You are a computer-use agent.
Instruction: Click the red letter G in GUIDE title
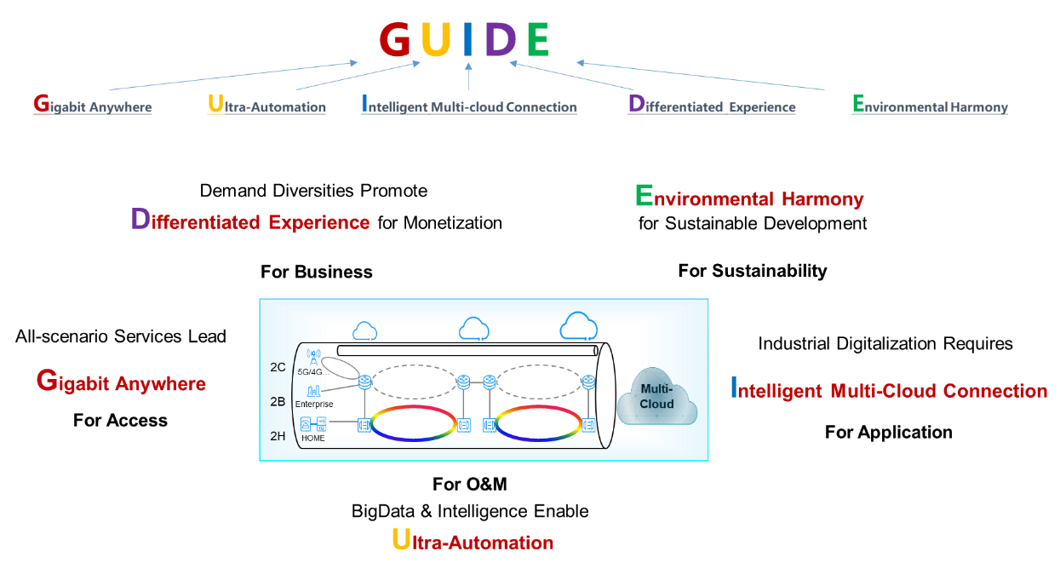395,39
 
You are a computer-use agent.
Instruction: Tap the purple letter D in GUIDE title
500,39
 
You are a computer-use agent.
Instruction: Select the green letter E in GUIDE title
538,39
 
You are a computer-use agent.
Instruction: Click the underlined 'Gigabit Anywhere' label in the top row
93,104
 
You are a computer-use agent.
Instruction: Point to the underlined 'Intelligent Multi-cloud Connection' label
469,104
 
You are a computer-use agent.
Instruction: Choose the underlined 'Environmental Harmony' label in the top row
930,104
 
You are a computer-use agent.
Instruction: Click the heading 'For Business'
317,272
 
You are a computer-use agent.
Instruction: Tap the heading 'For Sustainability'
753,271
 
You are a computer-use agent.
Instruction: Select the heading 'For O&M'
469,484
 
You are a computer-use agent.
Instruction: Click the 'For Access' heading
120,420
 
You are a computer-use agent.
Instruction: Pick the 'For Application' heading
888,433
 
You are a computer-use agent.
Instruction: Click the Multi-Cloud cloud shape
656,397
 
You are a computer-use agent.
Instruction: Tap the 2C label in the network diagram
278,367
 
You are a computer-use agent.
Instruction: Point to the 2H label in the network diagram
278,436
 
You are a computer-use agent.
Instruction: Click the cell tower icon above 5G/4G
313,357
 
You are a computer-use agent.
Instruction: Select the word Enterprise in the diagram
314,405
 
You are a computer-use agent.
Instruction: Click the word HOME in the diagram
313,439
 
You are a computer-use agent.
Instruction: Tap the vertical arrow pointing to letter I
468,76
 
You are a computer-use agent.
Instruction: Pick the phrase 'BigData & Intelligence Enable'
470,512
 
